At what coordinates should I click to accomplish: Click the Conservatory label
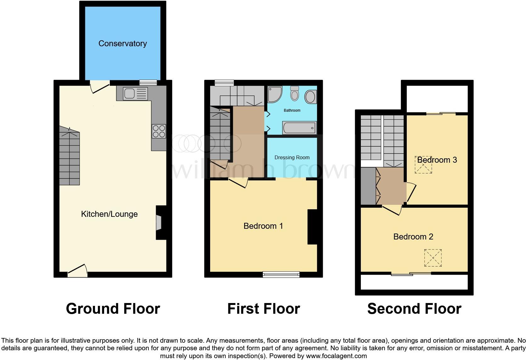click(122, 43)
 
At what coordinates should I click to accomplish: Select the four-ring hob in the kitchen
click(159, 131)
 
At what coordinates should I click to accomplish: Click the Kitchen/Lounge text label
click(109, 214)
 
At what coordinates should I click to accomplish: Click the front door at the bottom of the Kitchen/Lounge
click(77, 271)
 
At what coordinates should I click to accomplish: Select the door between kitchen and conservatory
click(99, 87)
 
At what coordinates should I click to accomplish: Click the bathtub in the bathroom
click(299, 128)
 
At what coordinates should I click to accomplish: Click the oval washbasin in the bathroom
click(311, 97)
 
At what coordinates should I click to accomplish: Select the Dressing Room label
click(292, 157)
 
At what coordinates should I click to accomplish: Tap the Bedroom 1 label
click(263, 226)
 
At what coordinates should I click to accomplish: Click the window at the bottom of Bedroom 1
click(281, 275)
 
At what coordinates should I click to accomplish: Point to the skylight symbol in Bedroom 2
click(433, 258)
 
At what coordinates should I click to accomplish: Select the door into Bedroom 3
click(411, 192)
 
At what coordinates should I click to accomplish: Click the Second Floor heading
click(414, 308)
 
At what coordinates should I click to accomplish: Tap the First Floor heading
click(264, 308)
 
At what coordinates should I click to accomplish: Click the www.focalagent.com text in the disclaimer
click(336, 356)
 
